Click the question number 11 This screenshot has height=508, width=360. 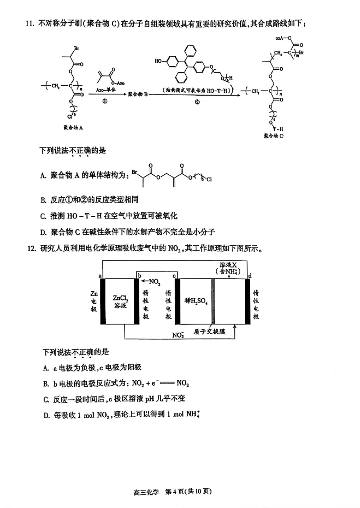[31, 24]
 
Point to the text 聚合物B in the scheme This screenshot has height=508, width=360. [138, 94]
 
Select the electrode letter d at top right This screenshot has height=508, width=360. [250, 275]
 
